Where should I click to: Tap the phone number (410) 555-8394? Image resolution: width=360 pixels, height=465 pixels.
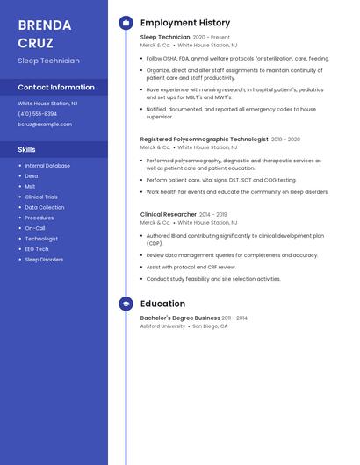38,114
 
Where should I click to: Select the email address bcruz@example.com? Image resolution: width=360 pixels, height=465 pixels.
45,125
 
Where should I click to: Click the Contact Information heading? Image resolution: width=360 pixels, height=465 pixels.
56,88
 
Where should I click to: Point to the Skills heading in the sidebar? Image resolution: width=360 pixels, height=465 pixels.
27,150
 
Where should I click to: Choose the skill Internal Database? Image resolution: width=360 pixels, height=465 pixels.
47,166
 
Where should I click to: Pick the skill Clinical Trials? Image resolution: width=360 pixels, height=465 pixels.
41,197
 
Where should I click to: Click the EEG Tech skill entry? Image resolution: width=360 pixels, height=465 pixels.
37,249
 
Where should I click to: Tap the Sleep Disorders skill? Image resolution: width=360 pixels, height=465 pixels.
44,260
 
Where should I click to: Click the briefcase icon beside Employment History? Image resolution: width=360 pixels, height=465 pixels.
126,23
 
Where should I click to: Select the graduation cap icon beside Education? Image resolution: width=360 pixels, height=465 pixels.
126,304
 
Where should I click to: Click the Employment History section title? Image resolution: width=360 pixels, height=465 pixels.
185,23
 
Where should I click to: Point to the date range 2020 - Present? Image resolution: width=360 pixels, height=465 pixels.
212,38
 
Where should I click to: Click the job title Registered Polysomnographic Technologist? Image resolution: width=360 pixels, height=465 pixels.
205,139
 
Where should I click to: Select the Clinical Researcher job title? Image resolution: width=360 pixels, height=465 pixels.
168,214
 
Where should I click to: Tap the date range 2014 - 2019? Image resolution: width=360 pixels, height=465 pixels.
213,214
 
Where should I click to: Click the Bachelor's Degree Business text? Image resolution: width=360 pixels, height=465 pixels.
180,318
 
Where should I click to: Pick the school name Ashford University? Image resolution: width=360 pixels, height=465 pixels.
162,326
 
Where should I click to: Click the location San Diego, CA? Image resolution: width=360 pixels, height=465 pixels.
210,326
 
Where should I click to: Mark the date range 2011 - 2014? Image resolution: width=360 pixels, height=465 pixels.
234,318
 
